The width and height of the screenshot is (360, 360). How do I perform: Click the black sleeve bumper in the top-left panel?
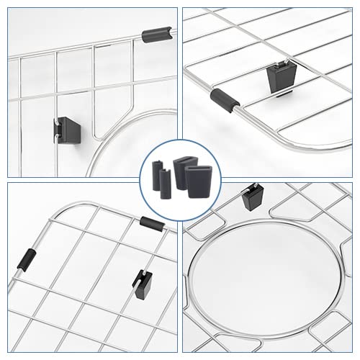point(158,34)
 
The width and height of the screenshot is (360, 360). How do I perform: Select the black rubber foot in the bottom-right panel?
point(252,197)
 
